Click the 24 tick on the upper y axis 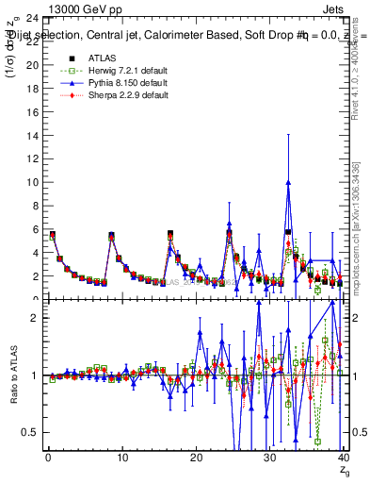click(31, 19)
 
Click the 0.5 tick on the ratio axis click(29, 432)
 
